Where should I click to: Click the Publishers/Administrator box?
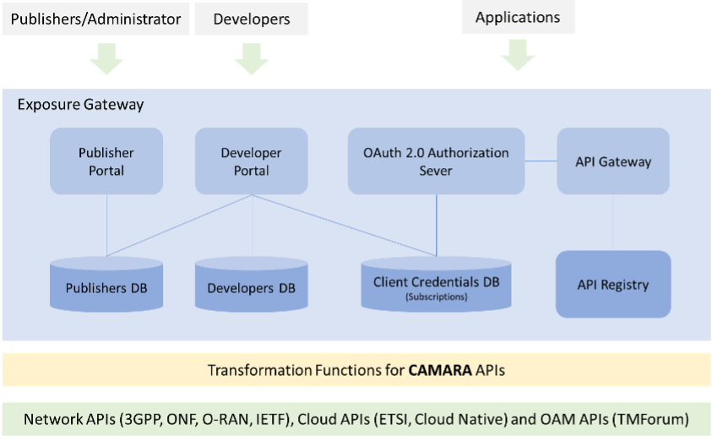click(x=95, y=19)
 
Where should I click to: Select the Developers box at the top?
click(x=251, y=19)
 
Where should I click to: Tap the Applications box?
click(x=518, y=18)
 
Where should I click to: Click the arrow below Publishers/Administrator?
click(x=106, y=59)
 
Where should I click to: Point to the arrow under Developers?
click(x=252, y=59)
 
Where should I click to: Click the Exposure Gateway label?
click(x=81, y=106)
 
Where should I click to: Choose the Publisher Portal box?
click(x=106, y=161)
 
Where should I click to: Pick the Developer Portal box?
click(x=252, y=161)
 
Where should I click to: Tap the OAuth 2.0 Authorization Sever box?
click(x=436, y=161)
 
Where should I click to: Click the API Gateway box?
click(x=613, y=161)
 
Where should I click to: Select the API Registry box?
click(x=613, y=285)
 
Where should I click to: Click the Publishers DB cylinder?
click(x=106, y=287)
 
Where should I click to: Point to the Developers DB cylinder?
click(x=252, y=288)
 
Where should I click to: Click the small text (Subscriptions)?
click(x=436, y=297)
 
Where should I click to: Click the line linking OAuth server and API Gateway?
click(x=541, y=160)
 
